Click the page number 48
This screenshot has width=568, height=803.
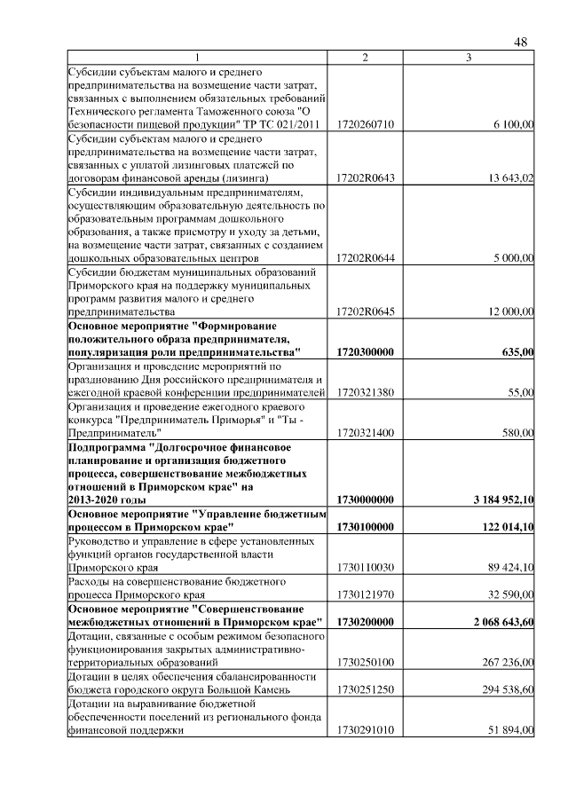tap(521, 42)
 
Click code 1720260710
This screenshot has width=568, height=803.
tap(366, 126)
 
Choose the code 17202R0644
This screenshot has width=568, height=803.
tap(366, 258)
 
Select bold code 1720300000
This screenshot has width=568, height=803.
tap(366, 352)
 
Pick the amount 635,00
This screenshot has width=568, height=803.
tap(517, 352)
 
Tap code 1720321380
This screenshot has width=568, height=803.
tap(366, 392)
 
